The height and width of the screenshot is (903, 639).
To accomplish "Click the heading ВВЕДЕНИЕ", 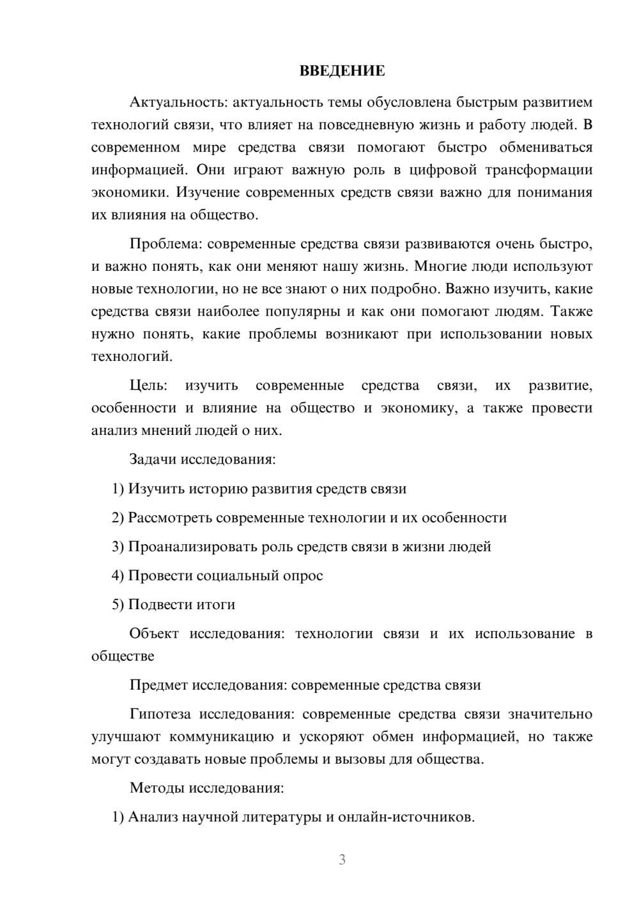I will click(x=342, y=71).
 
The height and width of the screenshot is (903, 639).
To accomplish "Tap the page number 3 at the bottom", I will click(x=342, y=860).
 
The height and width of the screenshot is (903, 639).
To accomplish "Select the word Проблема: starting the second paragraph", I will click(x=166, y=244).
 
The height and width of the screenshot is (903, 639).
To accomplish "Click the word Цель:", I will click(x=148, y=385).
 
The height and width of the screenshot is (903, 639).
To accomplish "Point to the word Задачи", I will click(x=153, y=459).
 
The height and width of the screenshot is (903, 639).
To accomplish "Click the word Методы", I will click(x=157, y=787).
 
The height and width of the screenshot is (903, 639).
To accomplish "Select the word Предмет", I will click(x=159, y=685).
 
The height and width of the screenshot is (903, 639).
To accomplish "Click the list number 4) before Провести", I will click(x=118, y=575).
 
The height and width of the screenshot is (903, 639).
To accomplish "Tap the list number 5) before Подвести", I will click(x=118, y=604).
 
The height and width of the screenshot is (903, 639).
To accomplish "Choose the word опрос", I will click(x=302, y=575).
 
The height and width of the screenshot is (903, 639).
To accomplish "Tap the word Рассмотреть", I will click(x=170, y=518).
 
